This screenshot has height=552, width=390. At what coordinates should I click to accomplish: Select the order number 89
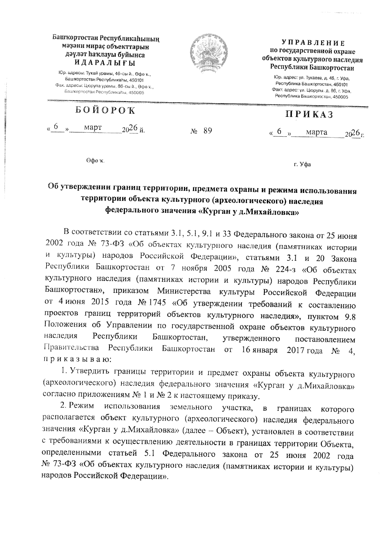pos(207,131)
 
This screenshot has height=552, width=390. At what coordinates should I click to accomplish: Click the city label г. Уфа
pos(302,164)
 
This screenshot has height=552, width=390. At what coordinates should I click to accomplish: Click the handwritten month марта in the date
pos(317,132)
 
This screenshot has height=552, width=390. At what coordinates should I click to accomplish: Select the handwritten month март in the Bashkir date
pos(93,128)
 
